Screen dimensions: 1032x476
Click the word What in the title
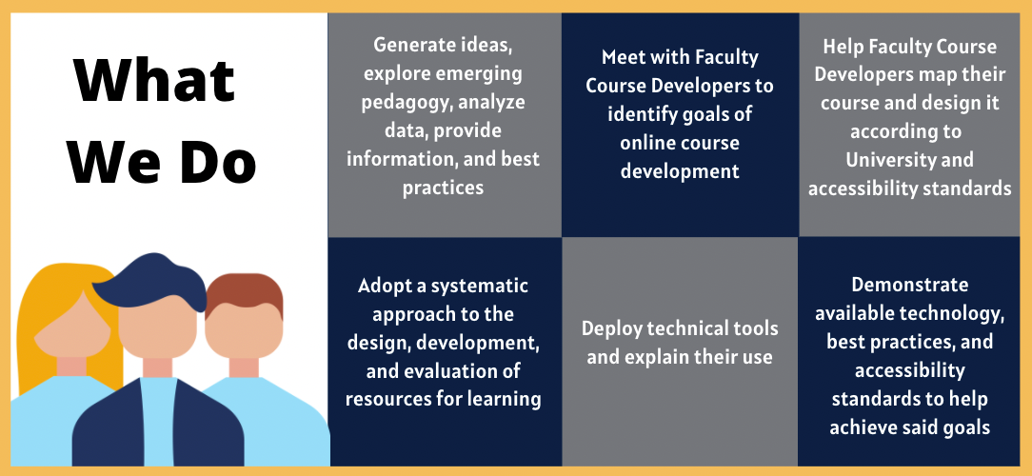155,80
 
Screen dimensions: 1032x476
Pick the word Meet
624,57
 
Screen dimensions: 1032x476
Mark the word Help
843,47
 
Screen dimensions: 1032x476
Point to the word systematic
478,287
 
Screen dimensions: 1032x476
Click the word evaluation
447,370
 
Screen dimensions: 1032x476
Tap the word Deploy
609,328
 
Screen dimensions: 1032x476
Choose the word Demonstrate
909,285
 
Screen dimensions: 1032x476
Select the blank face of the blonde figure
72,326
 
